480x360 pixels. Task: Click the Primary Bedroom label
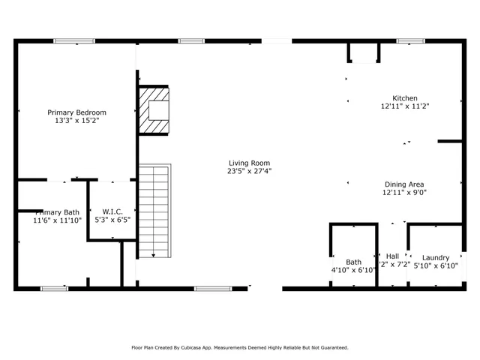(x=76, y=112)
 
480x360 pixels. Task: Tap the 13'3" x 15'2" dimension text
(x=76, y=120)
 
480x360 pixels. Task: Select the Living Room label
(x=250, y=163)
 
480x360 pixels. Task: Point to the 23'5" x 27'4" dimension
(x=250, y=171)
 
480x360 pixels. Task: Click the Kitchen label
(x=405, y=97)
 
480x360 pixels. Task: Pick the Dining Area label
(x=405, y=184)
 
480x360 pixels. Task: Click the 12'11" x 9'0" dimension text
(x=405, y=192)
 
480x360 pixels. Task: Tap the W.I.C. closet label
(x=112, y=211)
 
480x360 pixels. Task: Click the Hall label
(x=392, y=256)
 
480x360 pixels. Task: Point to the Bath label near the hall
(x=353, y=262)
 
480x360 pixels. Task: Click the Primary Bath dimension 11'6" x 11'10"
(x=56, y=220)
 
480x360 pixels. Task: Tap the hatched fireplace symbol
(x=154, y=110)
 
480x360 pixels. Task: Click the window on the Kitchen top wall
(x=410, y=40)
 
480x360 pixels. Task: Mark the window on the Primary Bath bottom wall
(x=53, y=288)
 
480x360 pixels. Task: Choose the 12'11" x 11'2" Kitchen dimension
(x=405, y=106)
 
